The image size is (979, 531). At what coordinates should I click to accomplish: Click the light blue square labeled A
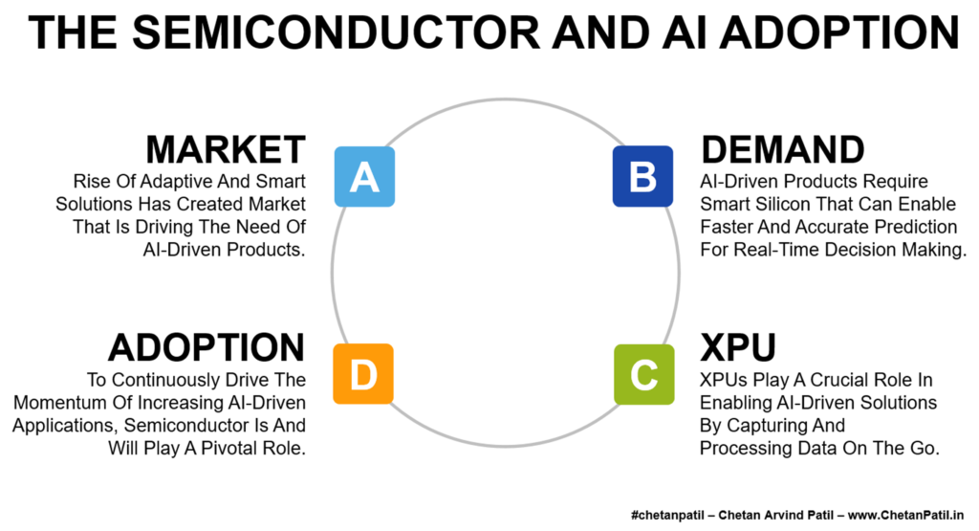(364, 177)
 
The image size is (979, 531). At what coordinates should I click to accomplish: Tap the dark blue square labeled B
(643, 176)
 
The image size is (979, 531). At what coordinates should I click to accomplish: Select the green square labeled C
(644, 374)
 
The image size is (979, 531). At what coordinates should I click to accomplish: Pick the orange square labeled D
(363, 373)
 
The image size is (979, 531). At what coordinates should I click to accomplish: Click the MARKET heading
(226, 150)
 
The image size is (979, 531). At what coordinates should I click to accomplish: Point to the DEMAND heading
(783, 150)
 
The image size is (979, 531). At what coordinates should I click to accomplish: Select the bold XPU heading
(737, 347)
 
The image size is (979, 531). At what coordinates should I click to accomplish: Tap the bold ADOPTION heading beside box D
(207, 347)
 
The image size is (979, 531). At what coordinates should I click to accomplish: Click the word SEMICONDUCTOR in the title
(336, 33)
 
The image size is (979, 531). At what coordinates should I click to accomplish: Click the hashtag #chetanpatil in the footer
(668, 516)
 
